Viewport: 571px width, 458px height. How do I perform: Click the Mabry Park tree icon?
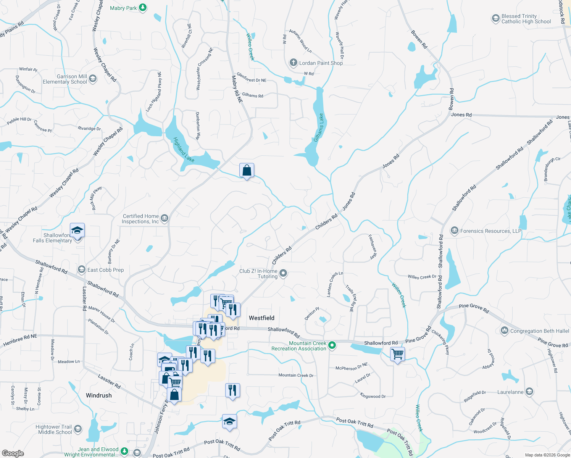(x=143, y=8)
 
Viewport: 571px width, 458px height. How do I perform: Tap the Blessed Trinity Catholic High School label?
(x=526, y=19)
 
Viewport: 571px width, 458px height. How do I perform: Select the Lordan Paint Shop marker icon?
(x=293, y=63)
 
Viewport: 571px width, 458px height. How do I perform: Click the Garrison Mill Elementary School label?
(x=65, y=79)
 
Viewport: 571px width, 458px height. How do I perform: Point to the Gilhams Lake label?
(x=319, y=127)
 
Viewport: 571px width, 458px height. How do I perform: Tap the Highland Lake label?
(x=184, y=150)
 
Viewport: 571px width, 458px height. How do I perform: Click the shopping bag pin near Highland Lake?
(x=247, y=170)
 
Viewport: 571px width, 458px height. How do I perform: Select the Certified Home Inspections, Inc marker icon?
(x=165, y=218)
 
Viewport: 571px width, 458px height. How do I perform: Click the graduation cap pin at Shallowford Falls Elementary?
(x=77, y=231)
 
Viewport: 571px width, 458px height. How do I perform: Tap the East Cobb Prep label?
(x=105, y=270)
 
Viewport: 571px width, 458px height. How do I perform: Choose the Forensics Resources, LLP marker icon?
(x=454, y=231)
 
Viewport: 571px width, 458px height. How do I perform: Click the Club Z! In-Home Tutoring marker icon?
(x=283, y=273)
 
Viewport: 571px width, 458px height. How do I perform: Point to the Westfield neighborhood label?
(x=261, y=318)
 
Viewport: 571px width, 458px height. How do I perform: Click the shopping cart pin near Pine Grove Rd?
(x=397, y=354)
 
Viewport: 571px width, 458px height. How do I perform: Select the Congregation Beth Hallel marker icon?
(x=505, y=331)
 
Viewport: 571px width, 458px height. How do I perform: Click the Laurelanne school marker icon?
(x=529, y=392)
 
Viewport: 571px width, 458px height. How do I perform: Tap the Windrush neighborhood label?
(x=99, y=395)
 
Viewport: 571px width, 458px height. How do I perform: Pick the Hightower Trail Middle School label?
(x=54, y=429)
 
